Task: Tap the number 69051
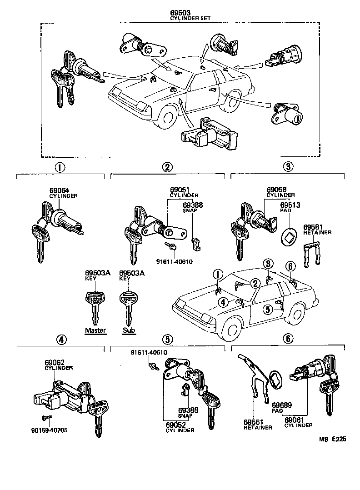[180, 190]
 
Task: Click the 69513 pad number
[290, 205]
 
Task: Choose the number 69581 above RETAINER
[313, 226]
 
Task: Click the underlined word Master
[95, 330]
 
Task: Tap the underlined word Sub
[128, 330]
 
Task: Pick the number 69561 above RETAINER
[253, 421]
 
